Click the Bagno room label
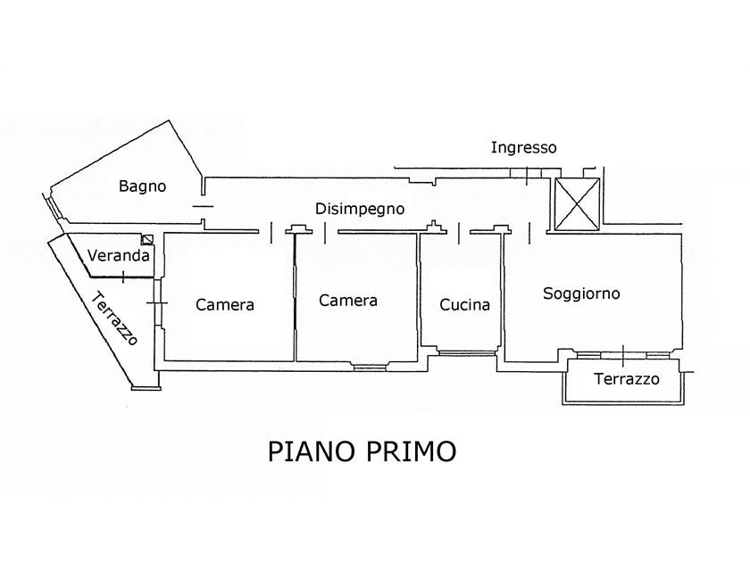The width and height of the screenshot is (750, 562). pos(143,186)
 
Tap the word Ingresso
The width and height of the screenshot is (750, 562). pos(523,148)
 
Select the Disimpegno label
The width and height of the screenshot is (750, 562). pos(360,209)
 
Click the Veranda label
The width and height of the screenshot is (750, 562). pos(118,255)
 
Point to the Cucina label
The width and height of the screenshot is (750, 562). pos(465,304)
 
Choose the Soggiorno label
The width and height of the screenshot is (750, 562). pos(581,293)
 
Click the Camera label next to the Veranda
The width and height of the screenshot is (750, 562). pos(225,304)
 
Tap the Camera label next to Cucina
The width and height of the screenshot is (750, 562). pos(347,301)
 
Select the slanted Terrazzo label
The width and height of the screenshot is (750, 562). pos(115,318)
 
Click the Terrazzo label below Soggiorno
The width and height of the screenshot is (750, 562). pos(627,379)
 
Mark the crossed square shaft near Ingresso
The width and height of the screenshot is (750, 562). pos(577,203)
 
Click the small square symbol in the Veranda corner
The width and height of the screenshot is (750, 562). pos(147,239)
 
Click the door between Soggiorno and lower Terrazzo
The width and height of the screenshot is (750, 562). pos(623,353)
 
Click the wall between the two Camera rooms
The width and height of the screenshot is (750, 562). pos(295,299)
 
